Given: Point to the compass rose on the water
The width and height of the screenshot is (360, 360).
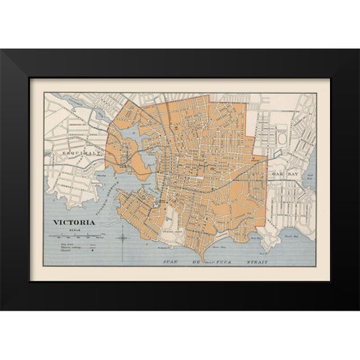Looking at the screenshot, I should (x=124, y=238).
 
